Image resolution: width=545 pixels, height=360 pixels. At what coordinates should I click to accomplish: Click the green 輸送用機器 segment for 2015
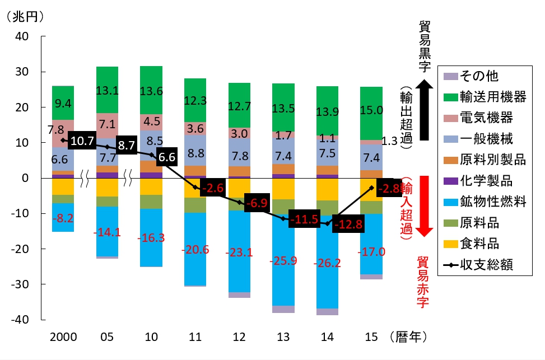coord(371,113)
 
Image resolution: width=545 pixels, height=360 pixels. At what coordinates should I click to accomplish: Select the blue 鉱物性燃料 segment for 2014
coord(327,262)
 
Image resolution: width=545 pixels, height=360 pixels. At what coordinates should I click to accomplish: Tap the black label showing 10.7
coord(82,141)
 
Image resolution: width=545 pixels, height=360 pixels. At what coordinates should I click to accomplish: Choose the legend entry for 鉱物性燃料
coord(485,202)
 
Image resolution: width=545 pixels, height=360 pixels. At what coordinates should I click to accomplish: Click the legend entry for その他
coord(471,76)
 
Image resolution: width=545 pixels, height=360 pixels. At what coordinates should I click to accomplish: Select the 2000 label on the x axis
coord(63,336)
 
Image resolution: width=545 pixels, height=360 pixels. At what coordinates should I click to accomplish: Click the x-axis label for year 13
coord(283,336)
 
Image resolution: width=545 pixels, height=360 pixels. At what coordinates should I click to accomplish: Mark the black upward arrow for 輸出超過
coord(425,110)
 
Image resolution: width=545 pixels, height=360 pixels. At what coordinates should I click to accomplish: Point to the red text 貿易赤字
coord(422,282)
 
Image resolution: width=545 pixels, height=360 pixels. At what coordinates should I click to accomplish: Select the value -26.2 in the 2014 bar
coord(327,263)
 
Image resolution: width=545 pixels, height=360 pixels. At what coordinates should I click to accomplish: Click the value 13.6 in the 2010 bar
coord(151,91)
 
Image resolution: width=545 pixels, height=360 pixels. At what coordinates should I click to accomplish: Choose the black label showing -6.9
coord(257,203)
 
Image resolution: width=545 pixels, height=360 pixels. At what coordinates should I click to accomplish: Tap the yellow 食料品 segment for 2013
coord(283,189)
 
